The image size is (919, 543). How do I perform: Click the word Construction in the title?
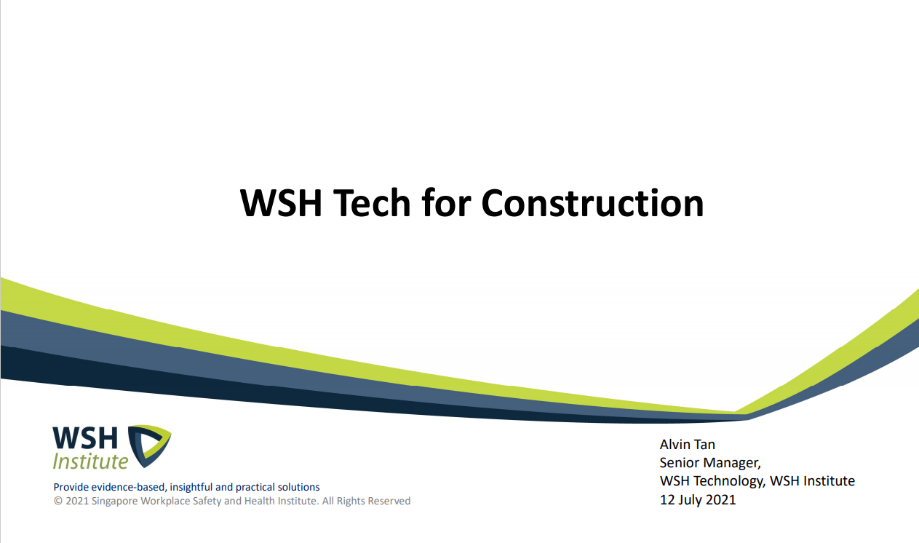tap(592, 203)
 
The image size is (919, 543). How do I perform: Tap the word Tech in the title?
tap(372, 203)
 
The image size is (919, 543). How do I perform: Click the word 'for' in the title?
tap(446, 203)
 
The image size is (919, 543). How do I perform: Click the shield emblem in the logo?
tap(149, 446)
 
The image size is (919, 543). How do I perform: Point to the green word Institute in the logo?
tap(91, 461)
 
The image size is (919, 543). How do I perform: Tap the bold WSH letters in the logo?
tap(85, 438)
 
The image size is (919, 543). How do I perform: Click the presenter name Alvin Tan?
tap(687, 445)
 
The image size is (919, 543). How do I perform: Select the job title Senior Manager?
tap(710, 463)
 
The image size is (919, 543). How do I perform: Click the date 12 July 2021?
tap(698, 500)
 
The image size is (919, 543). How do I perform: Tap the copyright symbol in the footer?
tap(58, 501)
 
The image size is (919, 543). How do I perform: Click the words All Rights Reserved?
tap(366, 501)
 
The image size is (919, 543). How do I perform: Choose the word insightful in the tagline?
tap(191, 487)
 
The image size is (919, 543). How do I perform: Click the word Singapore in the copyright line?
tap(114, 502)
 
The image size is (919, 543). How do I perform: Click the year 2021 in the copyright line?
tap(77, 501)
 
